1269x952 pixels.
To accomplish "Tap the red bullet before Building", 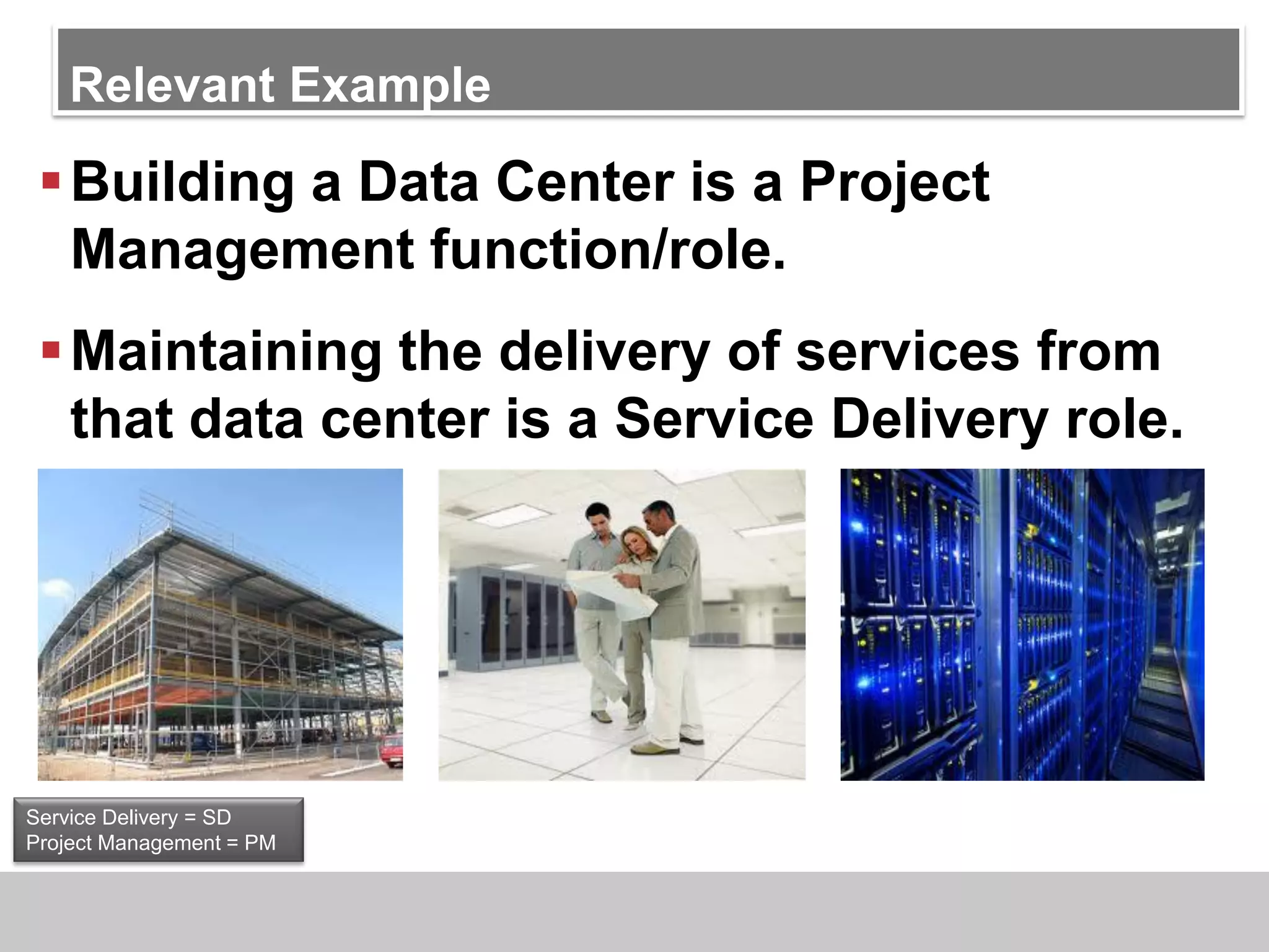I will [51, 181].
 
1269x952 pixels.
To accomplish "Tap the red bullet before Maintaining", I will [51, 350].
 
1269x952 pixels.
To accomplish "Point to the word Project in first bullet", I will [894, 182].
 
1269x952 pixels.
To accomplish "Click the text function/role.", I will [607, 250].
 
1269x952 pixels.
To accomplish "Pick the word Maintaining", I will [226, 351].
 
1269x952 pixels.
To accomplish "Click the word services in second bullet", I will [907, 351].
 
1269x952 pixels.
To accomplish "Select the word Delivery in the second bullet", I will [939, 420].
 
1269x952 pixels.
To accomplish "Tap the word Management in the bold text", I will [242, 250].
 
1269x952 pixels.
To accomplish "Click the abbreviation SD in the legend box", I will [216, 818].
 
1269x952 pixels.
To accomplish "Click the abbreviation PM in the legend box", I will [260, 843].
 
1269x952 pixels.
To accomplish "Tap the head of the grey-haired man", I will [658, 518].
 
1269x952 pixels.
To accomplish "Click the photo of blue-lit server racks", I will [1022, 624].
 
